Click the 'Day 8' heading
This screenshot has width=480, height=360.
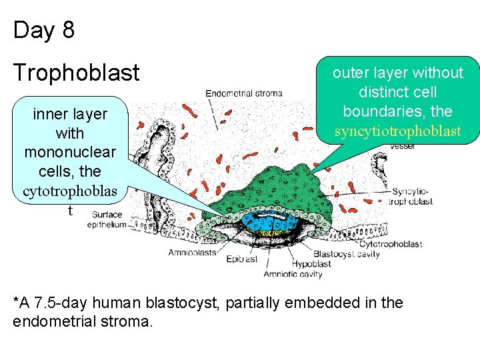pos(44,30)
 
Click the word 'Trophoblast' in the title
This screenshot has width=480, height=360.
pos(77,73)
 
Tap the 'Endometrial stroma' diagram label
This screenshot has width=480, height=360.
pos(243,93)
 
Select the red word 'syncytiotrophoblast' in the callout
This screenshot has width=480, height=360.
pos(397,131)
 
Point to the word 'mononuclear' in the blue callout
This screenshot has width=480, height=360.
pos(70,152)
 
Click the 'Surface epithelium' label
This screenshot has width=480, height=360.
pos(107,219)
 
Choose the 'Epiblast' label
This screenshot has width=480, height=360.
pos(242,259)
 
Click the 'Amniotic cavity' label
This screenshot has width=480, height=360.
pos(293,274)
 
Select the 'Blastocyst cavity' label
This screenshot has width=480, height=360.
pos(346,254)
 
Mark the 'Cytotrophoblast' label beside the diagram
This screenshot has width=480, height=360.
pos(390,244)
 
